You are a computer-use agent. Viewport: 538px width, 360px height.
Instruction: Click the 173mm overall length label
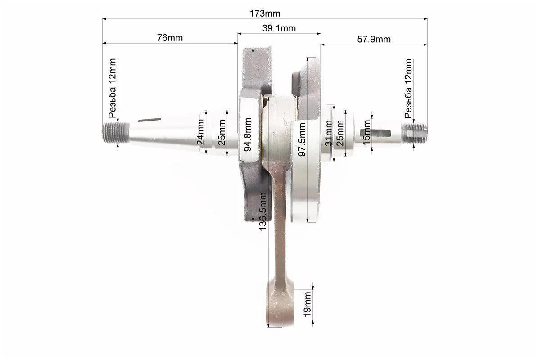[265, 13]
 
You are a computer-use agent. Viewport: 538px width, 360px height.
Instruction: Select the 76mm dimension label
[170, 38]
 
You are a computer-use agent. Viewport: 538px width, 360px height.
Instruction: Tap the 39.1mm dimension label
[279, 28]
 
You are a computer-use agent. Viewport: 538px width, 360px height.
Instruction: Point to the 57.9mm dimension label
[374, 39]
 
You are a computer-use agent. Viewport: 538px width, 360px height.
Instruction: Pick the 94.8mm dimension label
[247, 135]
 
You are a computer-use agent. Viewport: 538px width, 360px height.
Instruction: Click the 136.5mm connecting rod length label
[262, 211]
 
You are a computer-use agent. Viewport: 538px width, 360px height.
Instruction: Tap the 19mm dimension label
[307, 305]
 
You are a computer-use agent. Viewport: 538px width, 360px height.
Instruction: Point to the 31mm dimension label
[328, 133]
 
